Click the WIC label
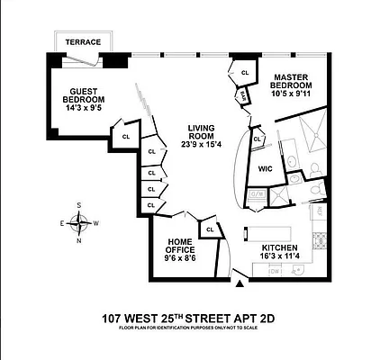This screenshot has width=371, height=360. (265, 168)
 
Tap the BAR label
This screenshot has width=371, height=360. (243, 94)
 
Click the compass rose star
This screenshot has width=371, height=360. (79, 221)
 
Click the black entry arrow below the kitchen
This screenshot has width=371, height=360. (240, 284)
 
